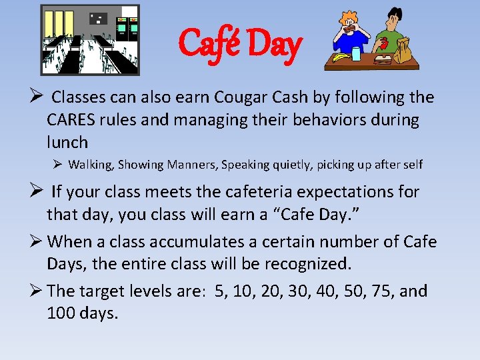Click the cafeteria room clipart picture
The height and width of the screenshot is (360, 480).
[90, 39]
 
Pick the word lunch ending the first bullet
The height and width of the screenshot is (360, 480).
[67, 143]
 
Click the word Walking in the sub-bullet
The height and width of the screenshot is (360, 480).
[91, 164]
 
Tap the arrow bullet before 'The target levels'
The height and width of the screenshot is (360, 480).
[39, 291]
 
